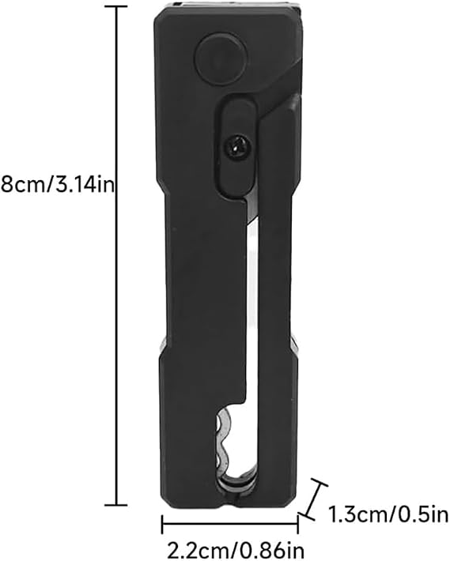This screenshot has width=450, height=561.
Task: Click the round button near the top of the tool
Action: point(221,58)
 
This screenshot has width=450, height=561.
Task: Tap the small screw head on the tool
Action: point(236,147)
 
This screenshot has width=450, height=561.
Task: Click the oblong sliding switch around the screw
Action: point(236,145)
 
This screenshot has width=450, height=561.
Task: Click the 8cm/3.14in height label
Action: point(57,186)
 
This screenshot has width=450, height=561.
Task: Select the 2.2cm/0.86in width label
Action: point(236,550)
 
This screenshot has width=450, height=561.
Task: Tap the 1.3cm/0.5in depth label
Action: point(388,515)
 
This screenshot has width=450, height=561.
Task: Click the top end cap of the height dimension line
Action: point(115,7)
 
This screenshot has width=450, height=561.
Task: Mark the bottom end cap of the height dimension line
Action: point(115,505)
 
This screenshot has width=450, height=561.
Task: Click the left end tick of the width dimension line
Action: point(162,525)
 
